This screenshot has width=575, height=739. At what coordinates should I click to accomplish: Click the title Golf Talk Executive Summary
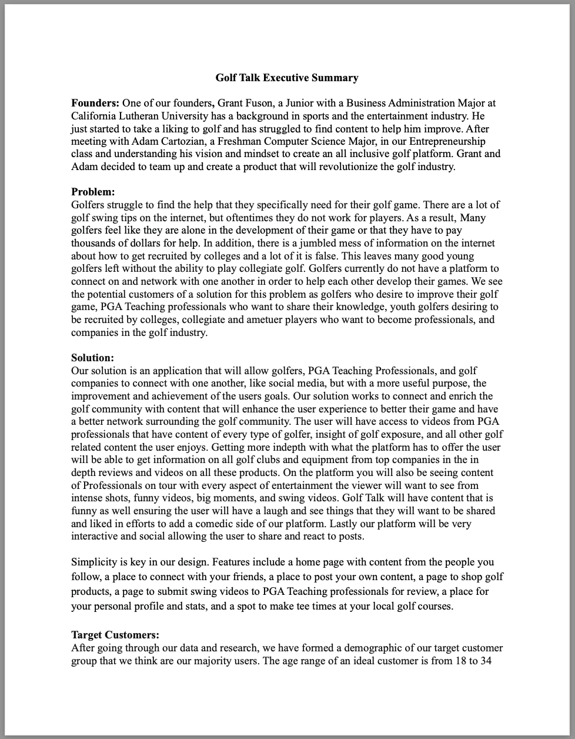287,78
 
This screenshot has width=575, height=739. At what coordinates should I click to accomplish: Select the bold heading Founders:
95,103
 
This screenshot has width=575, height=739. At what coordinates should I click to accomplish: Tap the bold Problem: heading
93,192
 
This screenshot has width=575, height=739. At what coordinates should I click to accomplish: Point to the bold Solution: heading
92,358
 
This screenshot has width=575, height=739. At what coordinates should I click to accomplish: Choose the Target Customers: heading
115,635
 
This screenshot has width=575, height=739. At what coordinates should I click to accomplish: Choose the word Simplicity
94,562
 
